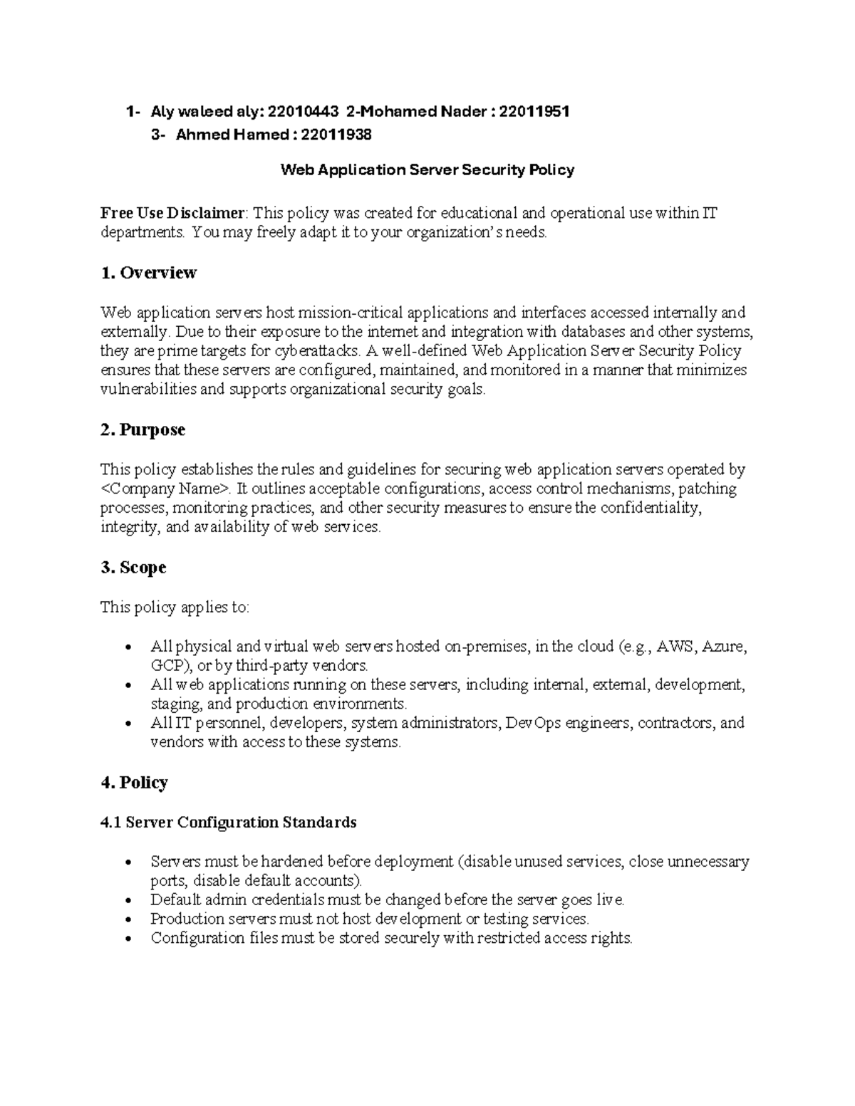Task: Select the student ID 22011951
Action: click(534, 112)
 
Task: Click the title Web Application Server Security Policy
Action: click(427, 169)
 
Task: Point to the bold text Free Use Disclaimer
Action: click(172, 213)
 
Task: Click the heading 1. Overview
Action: click(148, 273)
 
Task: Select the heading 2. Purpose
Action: click(142, 430)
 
